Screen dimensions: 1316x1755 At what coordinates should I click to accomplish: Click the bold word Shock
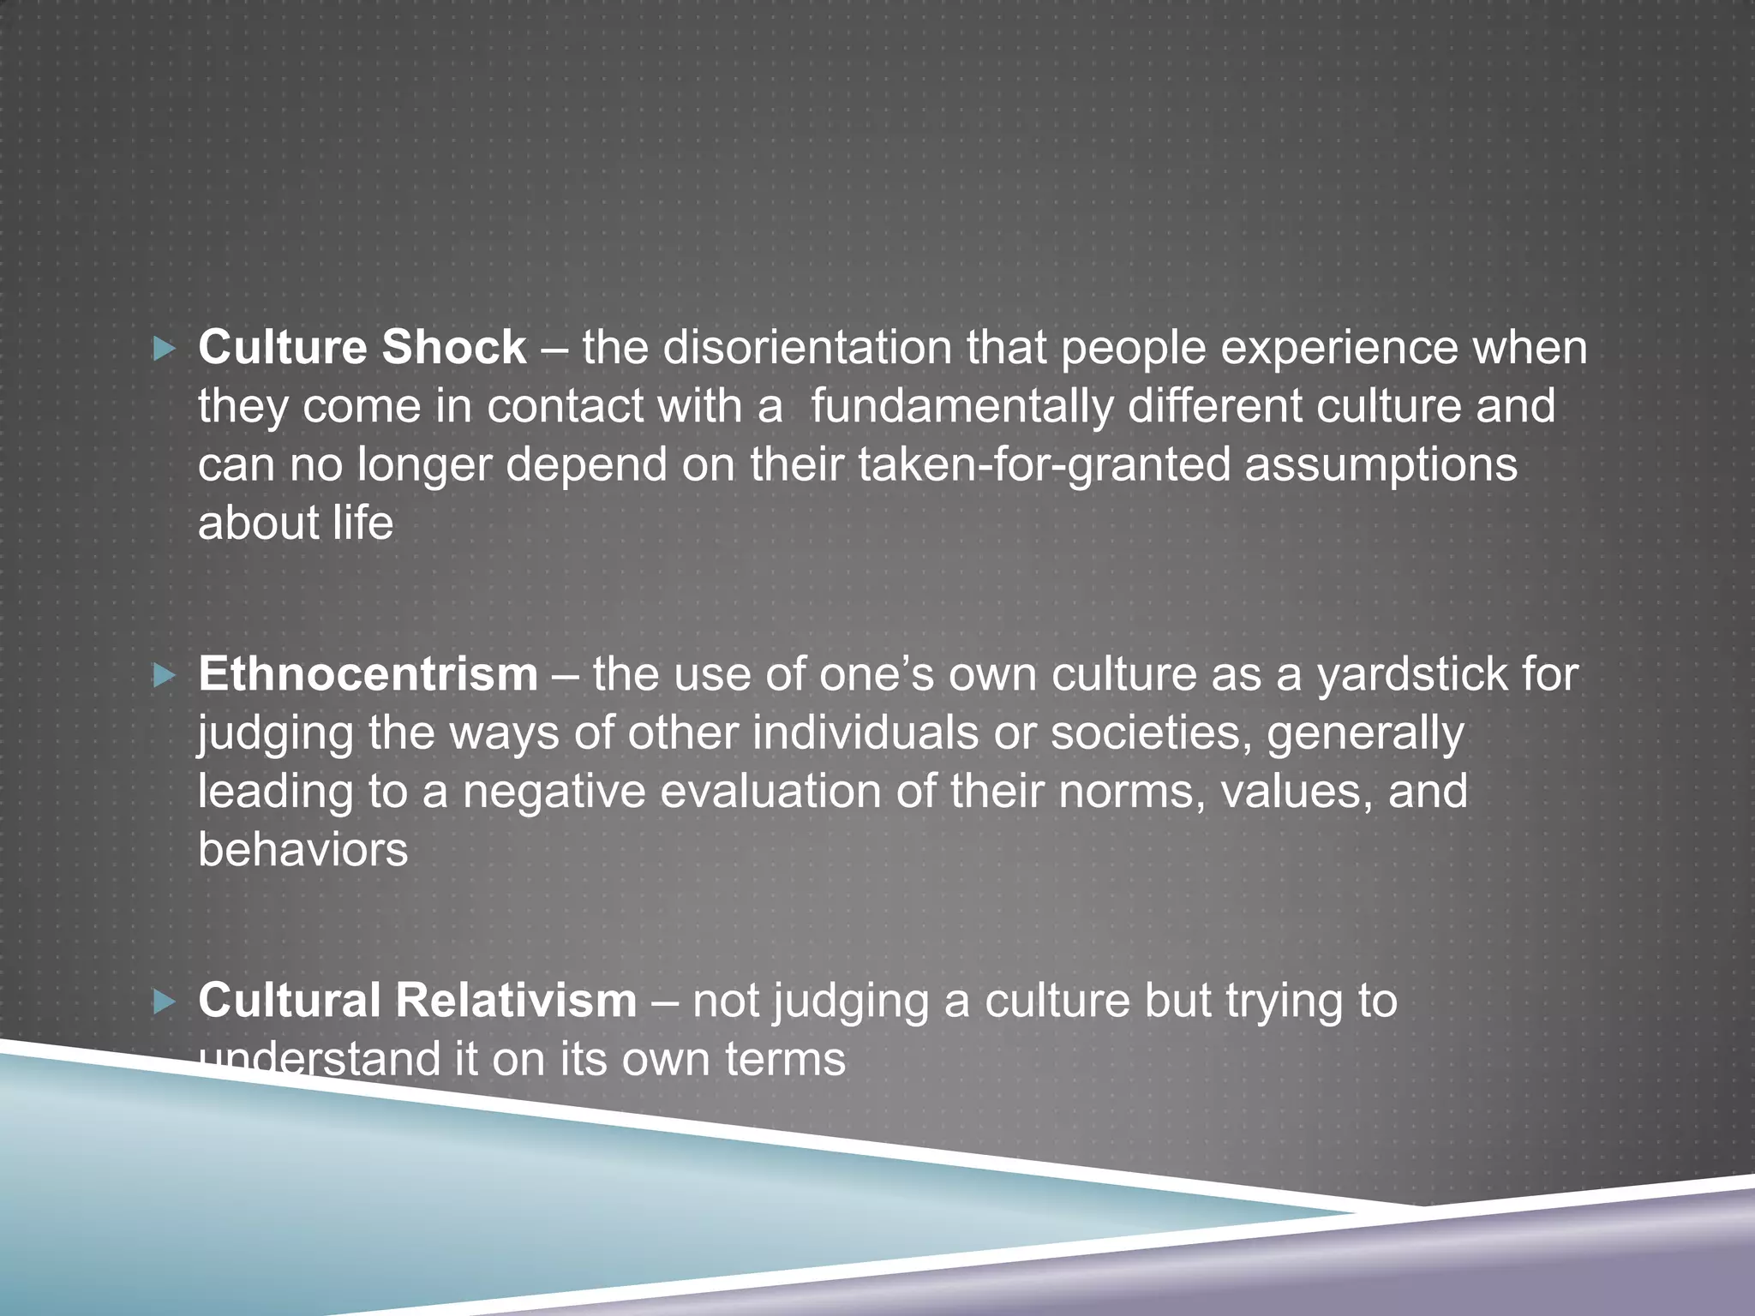pyautogui.click(x=453, y=348)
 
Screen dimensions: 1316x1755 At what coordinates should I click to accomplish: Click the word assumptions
pyautogui.click(x=1381, y=465)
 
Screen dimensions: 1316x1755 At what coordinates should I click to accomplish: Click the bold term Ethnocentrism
pyautogui.click(x=368, y=674)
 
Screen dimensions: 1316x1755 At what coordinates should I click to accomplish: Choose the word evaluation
pyautogui.click(x=770, y=791)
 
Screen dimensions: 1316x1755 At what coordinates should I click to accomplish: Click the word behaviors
pyautogui.click(x=302, y=850)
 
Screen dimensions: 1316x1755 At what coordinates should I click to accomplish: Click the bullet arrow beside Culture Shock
pyautogui.click(x=164, y=349)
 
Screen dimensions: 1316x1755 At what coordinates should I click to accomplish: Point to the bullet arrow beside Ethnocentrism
pyautogui.click(x=164, y=677)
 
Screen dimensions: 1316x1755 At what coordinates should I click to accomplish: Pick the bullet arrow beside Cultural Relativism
pyautogui.click(x=164, y=1002)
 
